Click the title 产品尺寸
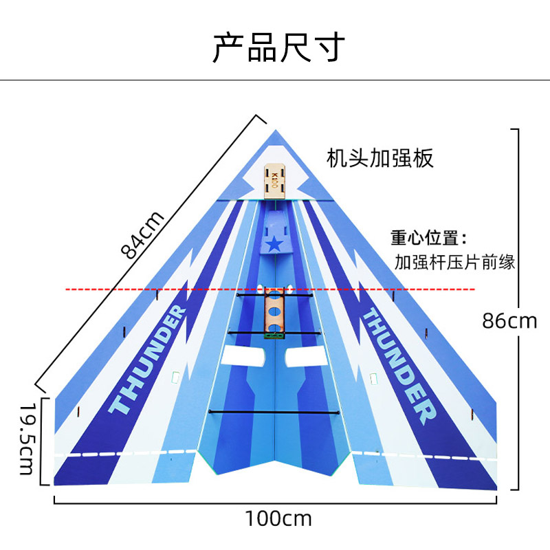click(279, 47)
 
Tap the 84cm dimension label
click(142, 235)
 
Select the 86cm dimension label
click(509, 321)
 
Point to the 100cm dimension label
click(278, 518)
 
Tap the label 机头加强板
click(380, 158)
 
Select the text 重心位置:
click(428, 237)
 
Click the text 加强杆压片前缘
click(454, 262)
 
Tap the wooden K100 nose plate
click(274, 181)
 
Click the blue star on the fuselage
click(274, 244)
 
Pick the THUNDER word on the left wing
click(147, 359)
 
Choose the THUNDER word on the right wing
click(399, 366)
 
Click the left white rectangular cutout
click(243, 355)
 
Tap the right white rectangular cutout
click(307, 356)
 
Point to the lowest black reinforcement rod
click(274, 412)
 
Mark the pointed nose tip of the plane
click(276, 130)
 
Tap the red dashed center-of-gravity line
click(270, 289)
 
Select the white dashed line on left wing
click(125, 453)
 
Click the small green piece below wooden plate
click(274, 336)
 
